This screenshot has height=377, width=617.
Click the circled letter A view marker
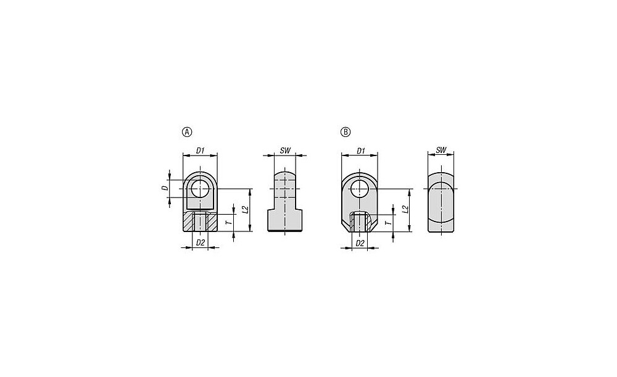coord(187,132)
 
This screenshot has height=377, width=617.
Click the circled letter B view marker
coord(345,132)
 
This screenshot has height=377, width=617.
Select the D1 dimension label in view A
coord(201,151)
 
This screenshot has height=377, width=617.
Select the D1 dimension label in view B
coord(361,151)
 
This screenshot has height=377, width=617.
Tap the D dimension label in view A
coord(166,189)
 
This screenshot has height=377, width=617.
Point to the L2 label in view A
coord(245,209)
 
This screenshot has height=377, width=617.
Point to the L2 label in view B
coord(405,210)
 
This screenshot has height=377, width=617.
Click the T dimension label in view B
coord(387,223)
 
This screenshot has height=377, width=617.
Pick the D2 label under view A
coord(201,243)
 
